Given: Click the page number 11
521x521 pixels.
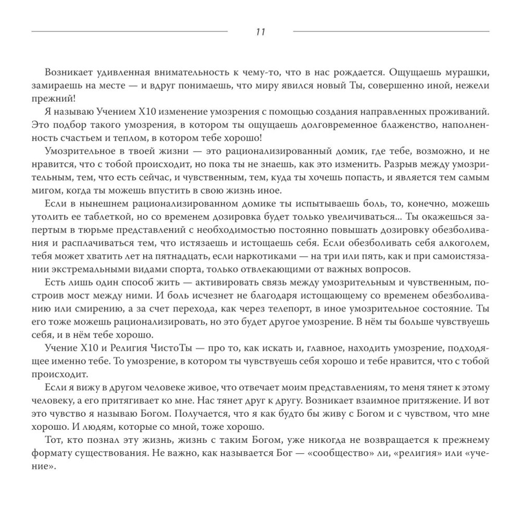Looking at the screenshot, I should tap(260, 32).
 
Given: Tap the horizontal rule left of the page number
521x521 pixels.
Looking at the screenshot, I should tap(130, 32).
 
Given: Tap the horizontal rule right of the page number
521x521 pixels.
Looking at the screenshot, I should tap(391, 32).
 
